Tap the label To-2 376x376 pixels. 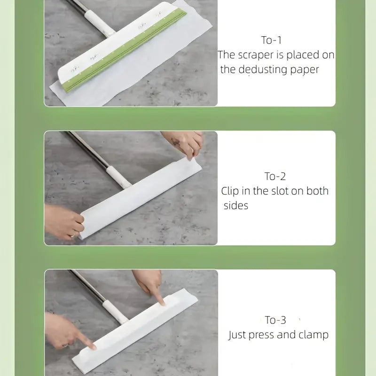275,177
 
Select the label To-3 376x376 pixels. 275,320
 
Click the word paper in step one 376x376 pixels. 304,70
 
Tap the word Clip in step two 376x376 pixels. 231,191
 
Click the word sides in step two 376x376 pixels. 235,206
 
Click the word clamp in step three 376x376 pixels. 313,335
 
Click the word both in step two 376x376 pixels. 317,191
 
